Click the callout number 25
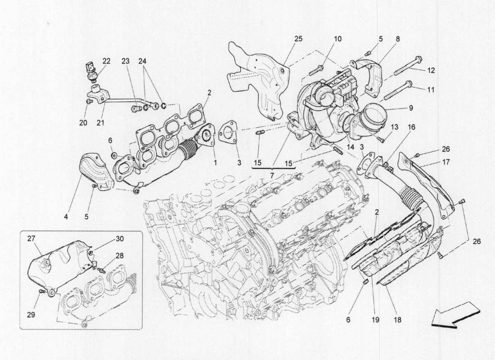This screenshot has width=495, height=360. point(299,39)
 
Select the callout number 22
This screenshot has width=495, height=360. point(106,61)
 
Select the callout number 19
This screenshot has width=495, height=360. point(376,320)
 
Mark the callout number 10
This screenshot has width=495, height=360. point(337,39)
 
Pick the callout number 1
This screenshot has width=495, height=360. point(214,162)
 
